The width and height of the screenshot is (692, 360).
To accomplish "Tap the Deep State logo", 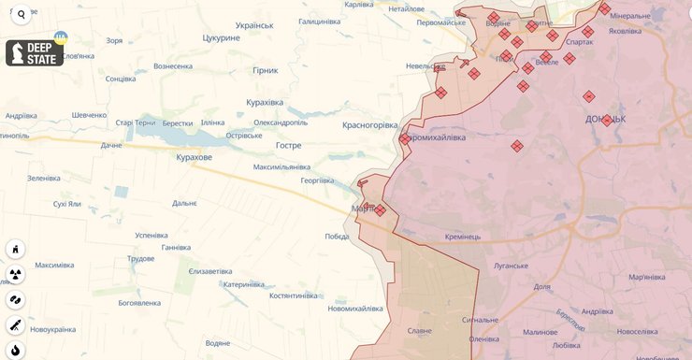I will (x=35, y=53).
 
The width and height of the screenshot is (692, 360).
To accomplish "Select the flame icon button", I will (x=16, y=351).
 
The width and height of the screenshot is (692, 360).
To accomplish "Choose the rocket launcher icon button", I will (x=16, y=325).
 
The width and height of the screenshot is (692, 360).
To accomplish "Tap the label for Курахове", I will (x=194, y=158).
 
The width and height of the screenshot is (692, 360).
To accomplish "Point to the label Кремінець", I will (x=463, y=237).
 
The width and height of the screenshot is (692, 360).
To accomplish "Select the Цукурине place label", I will (x=223, y=37).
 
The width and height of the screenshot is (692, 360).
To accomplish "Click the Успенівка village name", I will (x=151, y=235).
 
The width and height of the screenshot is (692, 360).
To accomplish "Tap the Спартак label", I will (x=579, y=42).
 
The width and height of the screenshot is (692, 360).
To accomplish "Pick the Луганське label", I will (x=512, y=266).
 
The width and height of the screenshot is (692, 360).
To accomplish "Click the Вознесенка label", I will (x=173, y=66).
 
